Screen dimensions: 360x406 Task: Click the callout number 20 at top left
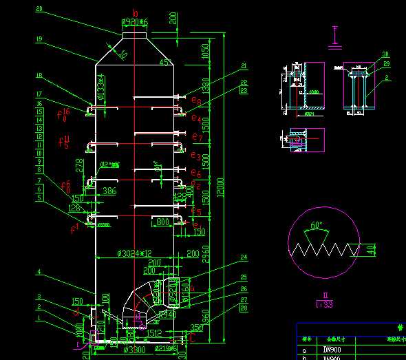coord(39,10)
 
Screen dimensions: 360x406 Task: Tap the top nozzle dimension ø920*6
coord(135,23)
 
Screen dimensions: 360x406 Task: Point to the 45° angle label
coord(164,63)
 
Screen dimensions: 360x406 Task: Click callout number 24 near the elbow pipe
coord(244,258)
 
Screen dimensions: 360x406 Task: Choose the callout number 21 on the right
coord(244,67)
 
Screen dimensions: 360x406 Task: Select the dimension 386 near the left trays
coord(109,191)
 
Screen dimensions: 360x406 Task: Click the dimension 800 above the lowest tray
coord(162,222)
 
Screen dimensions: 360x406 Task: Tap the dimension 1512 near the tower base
coord(155,333)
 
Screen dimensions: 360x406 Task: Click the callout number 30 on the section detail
coord(385,54)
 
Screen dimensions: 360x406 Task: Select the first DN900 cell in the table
coord(331,350)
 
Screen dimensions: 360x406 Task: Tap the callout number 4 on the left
coord(39,273)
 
